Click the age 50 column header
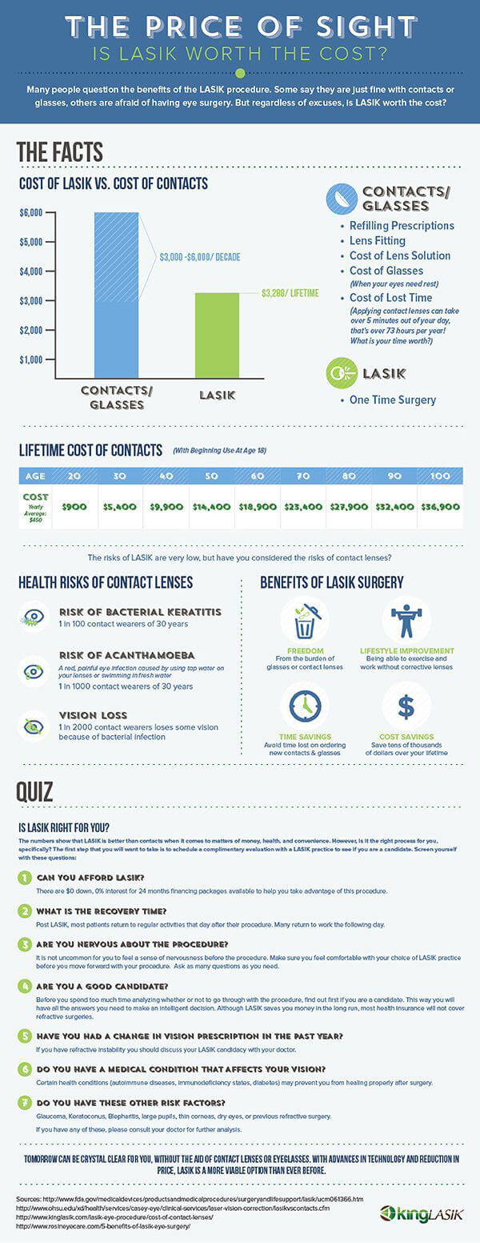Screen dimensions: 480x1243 [x=211, y=476]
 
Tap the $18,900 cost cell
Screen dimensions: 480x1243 [x=257, y=506]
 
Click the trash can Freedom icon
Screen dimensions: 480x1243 [x=304, y=621]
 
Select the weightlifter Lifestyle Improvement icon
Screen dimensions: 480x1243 [x=406, y=621]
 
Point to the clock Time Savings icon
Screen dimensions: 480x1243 [x=304, y=706]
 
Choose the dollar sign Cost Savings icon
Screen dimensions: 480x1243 [x=406, y=706]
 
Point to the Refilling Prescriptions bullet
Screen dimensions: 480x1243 [x=402, y=225]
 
